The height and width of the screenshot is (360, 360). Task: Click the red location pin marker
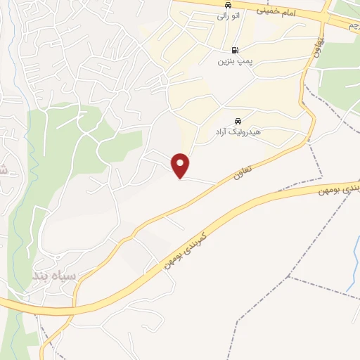coord(181,165)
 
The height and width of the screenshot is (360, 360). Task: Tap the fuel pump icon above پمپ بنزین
coord(235,50)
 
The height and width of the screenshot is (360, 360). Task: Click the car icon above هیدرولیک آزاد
coord(238,120)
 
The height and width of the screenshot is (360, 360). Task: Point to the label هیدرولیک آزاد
coord(238,131)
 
